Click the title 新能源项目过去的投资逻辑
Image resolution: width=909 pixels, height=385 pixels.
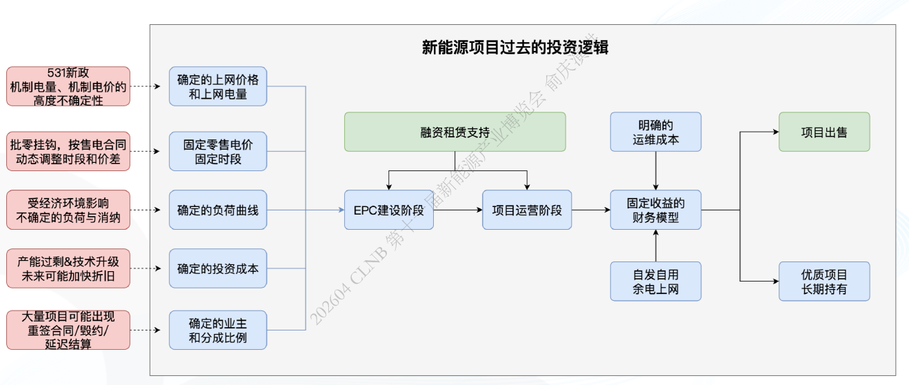pyautogui.click(x=515, y=47)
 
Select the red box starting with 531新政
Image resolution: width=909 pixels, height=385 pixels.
pyautogui.click(x=68, y=86)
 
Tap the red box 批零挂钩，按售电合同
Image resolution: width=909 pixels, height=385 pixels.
pyautogui.click(x=68, y=151)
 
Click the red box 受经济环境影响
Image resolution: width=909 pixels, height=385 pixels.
pyautogui.click(x=68, y=210)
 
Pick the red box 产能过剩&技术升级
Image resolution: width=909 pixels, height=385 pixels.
pyautogui.click(x=68, y=268)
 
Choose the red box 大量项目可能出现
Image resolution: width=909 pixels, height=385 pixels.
pyautogui.click(x=68, y=330)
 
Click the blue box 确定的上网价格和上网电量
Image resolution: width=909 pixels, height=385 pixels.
pyautogui.click(x=218, y=86)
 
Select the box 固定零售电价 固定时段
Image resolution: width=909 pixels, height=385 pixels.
pyautogui.click(x=218, y=151)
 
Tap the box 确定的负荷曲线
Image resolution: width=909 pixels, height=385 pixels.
pyautogui.click(x=218, y=210)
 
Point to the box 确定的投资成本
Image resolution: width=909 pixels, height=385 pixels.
pyautogui.click(x=218, y=268)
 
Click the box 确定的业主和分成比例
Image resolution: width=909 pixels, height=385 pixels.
pyautogui.click(x=218, y=330)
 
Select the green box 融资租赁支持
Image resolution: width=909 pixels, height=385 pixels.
pyautogui.click(x=455, y=132)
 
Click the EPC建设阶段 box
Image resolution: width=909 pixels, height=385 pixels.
pyautogui.click(x=389, y=210)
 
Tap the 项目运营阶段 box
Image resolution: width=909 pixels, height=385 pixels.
pyautogui.click(x=527, y=210)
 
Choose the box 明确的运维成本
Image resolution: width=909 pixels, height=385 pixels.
pyautogui.click(x=655, y=132)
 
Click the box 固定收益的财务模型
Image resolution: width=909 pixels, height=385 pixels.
pyautogui.click(x=655, y=210)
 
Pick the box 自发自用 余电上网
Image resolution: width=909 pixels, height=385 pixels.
pyautogui.click(x=655, y=282)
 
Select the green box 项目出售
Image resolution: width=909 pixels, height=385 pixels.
pyautogui.click(x=824, y=132)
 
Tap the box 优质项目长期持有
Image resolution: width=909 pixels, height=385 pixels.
pyautogui.click(x=824, y=282)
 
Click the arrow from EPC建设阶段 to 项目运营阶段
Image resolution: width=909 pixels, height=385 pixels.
pyautogui.click(x=458, y=210)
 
